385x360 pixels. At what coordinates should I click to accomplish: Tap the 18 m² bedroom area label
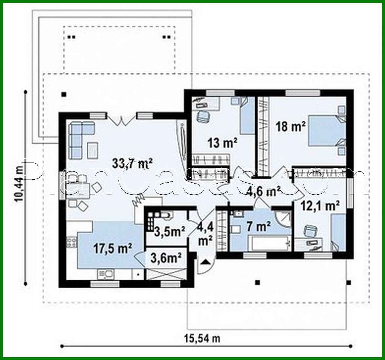click(291, 126)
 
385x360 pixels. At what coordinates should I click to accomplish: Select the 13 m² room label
click(222, 143)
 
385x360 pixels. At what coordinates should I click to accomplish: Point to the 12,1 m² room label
click(320, 206)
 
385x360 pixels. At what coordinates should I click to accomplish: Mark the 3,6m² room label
click(166, 259)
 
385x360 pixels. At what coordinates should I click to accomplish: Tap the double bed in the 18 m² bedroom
click(323, 131)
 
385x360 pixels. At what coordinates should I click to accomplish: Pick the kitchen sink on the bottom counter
click(105, 273)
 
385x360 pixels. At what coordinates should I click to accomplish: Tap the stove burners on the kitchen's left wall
click(72, 243)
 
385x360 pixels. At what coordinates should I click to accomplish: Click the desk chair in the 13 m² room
click(203, 116)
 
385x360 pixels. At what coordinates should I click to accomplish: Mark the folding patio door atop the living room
click(121, 120)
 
